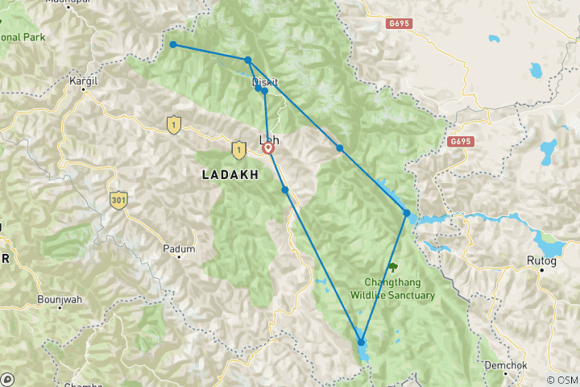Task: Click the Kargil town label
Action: coord(84,82)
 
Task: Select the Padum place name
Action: coord(179,249)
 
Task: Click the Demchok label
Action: coord(505,365)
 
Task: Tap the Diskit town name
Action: coord(266,82)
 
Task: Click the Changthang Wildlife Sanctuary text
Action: coord(392,289)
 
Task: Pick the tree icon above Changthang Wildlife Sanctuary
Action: coord(392,267)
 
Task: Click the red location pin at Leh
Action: coord(268,148)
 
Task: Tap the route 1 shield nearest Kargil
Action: coord(172,124)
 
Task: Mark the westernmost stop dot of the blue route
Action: coord(173,44)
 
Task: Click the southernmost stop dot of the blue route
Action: coord(361,343)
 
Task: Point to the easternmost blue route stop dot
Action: coord(407,213)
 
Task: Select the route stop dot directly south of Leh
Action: coord(285,189)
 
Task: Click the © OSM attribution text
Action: coord(561,380)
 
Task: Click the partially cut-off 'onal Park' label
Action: coord(22,37)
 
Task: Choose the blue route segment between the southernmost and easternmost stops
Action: coord(384,277)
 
